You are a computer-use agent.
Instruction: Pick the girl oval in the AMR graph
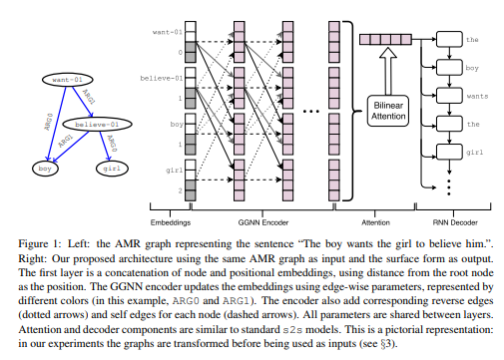(x=112, y=169)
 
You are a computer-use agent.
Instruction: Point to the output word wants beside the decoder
(x=476, y=99)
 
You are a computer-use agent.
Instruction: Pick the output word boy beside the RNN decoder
(x=474, y=71)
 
